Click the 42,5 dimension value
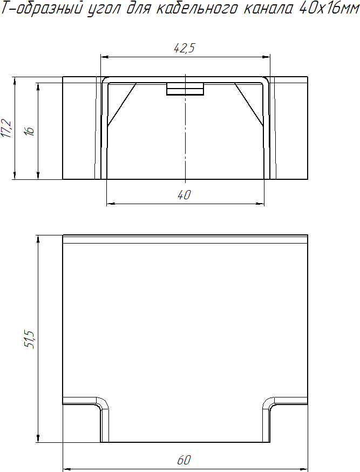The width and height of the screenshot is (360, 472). pyautogui.click(x=185, y=48)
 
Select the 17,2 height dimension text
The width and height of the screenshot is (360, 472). pyautogui.click(x=6, y=129)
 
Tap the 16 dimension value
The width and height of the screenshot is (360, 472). pyautogui.click(x=30, y=131)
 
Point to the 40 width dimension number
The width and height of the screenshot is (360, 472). pyautogui.click(x=184, y=195)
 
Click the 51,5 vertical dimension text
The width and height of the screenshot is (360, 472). pyautogui.click(x=30, y=339)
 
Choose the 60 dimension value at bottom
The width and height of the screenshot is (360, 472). pyautogui.click(x=184, y=460)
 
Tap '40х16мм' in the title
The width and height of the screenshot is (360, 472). pyautogui.click(x=329, y=9)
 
